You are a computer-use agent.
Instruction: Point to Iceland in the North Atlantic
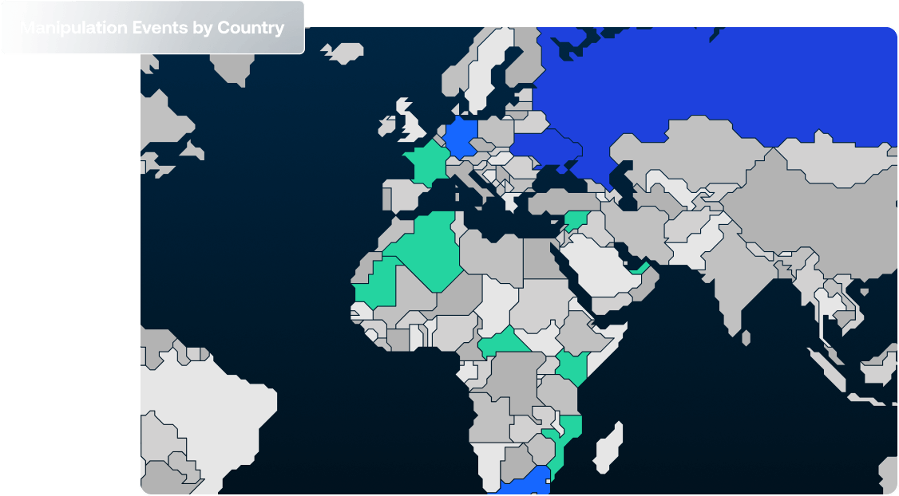[343, 53]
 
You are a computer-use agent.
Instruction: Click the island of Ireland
[389, 125]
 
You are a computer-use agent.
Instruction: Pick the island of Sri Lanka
[746, 338]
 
